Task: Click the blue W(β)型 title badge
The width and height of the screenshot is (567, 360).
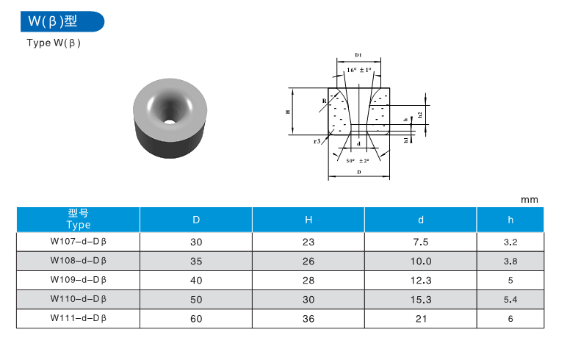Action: [62, 21]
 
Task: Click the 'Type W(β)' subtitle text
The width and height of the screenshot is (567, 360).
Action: [53, 43]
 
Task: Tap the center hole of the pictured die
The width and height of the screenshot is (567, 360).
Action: [170, 117]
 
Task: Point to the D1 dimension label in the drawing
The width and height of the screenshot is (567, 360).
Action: [358, 55]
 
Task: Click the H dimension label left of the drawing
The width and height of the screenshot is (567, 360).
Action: [289, 112]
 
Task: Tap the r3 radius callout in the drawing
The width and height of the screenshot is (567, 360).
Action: [317, 140]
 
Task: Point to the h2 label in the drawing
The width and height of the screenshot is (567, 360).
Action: [419, 114]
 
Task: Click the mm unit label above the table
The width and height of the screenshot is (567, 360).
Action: [529, 200]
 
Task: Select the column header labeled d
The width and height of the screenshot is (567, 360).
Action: [420, 220]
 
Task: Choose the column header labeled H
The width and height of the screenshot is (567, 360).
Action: [308, 220]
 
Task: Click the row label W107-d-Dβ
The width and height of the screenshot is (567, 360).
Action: [79, 241]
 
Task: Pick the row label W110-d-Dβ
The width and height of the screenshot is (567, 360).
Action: [79, 299]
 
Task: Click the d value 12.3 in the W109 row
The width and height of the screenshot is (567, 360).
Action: [420, 280]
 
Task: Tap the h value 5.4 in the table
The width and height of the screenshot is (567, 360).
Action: [511, 299]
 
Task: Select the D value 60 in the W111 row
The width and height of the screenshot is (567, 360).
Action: [196, 319]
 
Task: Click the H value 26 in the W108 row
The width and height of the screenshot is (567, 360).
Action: [308, 261]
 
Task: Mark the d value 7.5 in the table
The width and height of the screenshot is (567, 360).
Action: [420, 241]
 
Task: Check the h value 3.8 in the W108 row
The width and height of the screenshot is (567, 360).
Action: [511, 261]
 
